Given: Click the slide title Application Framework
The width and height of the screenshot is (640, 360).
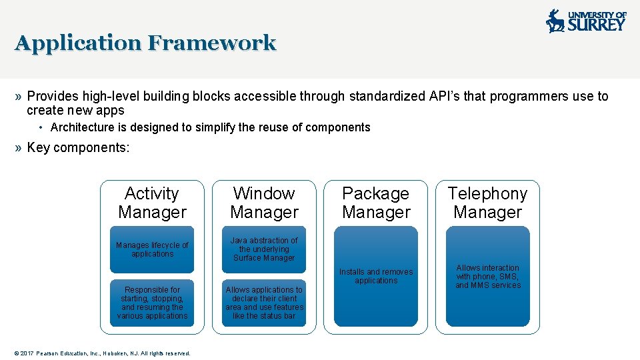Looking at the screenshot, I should point(145,43).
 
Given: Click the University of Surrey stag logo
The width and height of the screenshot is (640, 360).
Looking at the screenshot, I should point(555,21).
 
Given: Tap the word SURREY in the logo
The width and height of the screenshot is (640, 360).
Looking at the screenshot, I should point(597,25).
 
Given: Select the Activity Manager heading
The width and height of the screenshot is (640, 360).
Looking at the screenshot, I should point(152,203).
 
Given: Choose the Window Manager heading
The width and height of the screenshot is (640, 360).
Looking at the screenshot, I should point(264,203).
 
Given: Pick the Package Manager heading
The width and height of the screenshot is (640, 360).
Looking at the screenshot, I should point(376,203).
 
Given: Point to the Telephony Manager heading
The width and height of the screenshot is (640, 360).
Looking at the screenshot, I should point(487,203).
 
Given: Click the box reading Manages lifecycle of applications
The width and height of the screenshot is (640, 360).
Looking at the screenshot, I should point(152,249).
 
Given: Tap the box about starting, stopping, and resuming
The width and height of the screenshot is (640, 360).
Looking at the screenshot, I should point(152,303).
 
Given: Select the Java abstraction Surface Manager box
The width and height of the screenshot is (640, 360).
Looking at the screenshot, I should point(264,249).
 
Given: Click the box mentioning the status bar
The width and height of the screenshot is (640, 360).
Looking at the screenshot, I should point(264,303).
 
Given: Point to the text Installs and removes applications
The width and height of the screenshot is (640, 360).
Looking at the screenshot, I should point(376,276).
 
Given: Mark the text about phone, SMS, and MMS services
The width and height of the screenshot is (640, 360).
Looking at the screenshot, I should point(487,277).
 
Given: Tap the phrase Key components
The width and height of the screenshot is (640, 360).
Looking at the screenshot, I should point(78,147).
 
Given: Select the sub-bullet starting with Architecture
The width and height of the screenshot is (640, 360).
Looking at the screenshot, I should point(210,127).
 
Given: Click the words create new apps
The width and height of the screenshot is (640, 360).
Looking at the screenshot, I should point(75,111).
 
